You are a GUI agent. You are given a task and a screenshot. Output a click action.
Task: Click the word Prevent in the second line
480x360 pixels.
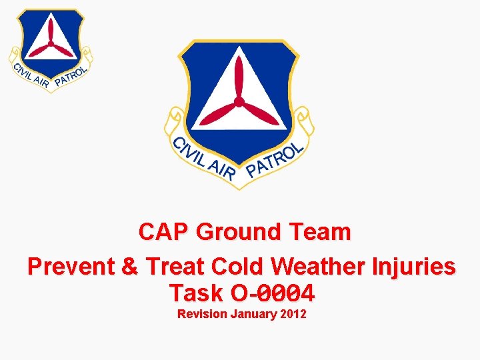[x=70, y=267]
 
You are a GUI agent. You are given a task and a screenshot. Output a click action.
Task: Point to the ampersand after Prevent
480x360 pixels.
[x=129, y=267]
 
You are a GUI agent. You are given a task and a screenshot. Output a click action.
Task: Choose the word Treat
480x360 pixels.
[x=174, y=267]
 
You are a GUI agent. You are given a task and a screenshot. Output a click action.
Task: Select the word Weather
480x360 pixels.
[x=318, y=267]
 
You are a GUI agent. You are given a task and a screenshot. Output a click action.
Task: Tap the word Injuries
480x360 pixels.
[x=413, y=267]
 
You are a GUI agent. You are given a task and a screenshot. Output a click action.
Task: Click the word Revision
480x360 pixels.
[x=202, y=313]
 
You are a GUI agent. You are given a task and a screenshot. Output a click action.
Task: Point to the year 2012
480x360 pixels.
[x=293, y=313]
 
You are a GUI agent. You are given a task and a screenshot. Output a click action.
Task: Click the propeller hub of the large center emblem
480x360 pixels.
[x=239, y=102]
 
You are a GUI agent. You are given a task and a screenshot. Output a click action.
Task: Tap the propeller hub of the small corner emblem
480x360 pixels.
[x=49, y=46]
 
